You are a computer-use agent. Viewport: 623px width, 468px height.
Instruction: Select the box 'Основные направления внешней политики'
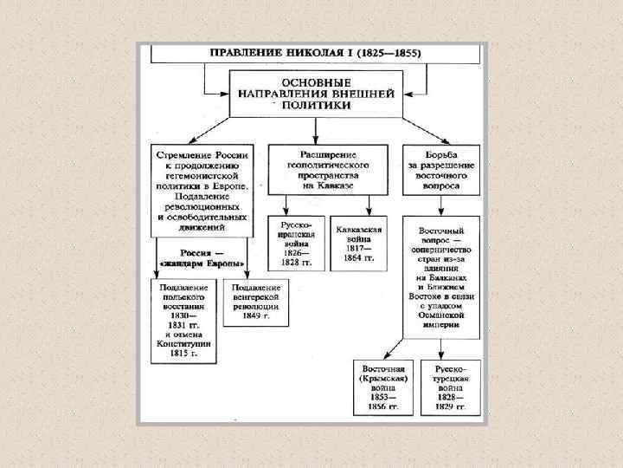point(315,93)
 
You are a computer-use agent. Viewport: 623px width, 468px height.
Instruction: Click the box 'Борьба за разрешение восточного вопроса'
point(440,167)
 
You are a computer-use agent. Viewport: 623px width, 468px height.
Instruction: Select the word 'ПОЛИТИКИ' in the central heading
point(315,105)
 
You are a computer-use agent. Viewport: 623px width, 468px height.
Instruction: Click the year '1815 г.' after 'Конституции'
point(183,354)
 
